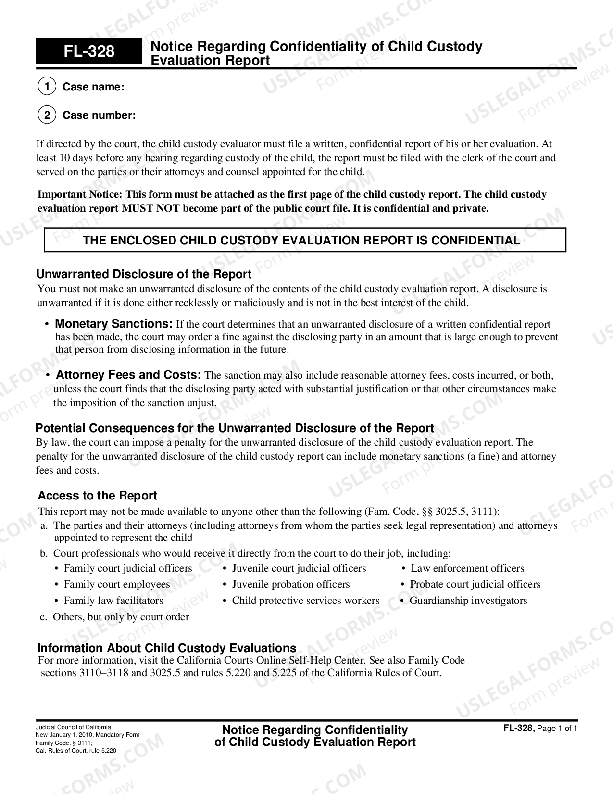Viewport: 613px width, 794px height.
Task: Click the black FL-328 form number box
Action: click(x=89, y=51)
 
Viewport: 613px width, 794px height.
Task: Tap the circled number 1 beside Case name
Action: click(x=47, y=87)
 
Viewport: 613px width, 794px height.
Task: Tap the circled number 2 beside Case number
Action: click(x=47, y=115)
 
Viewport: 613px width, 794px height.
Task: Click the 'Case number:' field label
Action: click(x=99, y=115)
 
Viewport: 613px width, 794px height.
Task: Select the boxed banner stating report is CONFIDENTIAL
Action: click(x=305, y=240)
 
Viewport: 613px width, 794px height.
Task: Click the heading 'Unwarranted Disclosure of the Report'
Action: click(x=144, y=274)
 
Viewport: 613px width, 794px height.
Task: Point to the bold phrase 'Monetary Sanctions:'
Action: click(x=113, y=324)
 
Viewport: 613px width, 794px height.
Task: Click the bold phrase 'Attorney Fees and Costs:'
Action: click(x=128, y=375)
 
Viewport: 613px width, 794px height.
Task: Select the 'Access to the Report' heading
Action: click(x=97, y=496)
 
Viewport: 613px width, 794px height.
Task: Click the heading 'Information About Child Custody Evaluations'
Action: click(x=166, y=648)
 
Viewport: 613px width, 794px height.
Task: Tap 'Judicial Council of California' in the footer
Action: click(x=73, y=727)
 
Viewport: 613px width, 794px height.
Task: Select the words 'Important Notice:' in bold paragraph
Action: click(x=80, y=194)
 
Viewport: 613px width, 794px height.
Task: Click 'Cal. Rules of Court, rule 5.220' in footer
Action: click(x=76, y=751)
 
